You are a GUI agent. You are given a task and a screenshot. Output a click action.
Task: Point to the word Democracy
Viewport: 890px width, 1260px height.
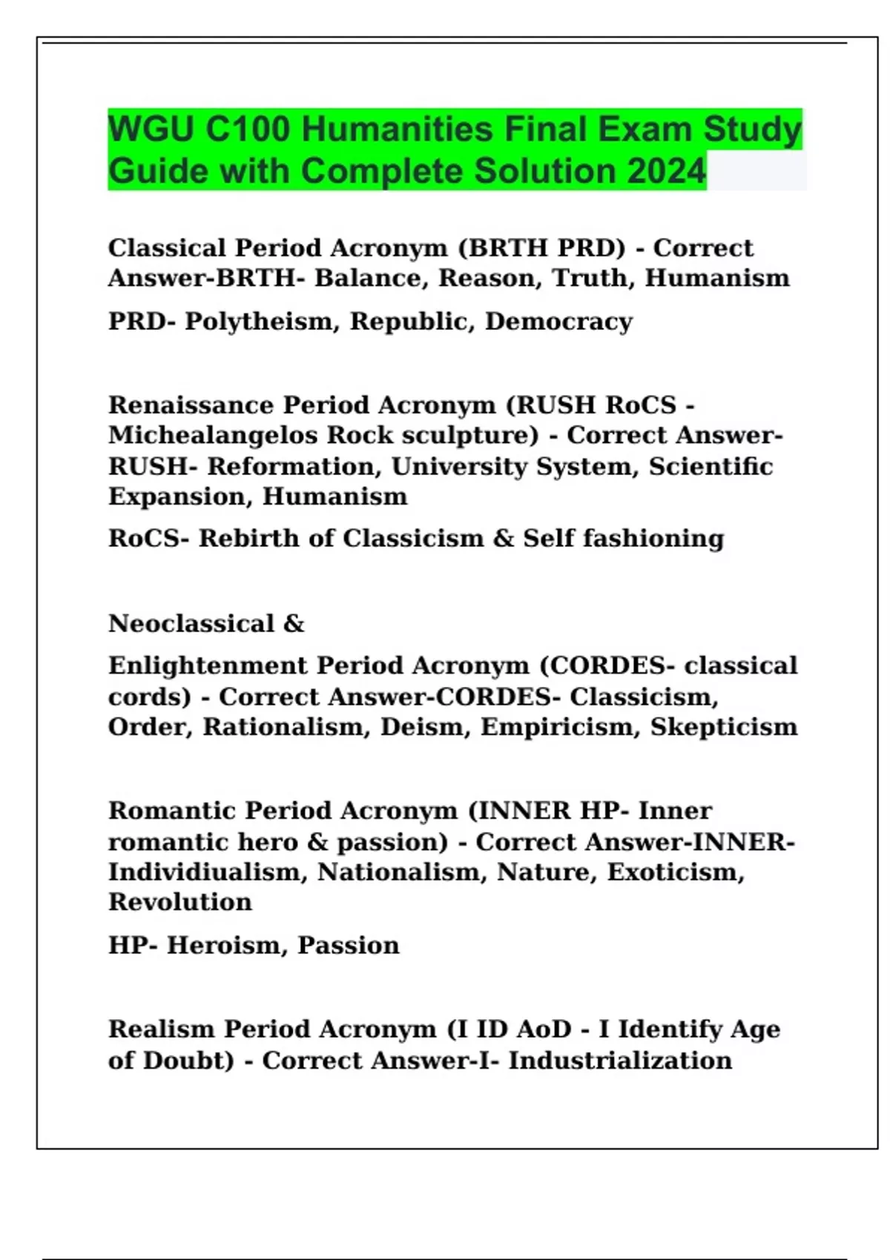point(558,322)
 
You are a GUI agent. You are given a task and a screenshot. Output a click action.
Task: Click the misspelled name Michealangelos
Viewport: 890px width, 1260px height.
point(214,435)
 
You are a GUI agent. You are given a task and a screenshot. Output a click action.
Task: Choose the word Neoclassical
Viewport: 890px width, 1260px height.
point(191,624)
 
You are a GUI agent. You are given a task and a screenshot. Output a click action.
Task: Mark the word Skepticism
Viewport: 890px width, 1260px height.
point(724,727)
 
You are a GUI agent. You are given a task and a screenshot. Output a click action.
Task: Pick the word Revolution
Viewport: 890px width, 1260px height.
point(180,902)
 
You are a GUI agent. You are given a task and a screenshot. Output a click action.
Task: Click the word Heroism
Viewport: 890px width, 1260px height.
point(225,946)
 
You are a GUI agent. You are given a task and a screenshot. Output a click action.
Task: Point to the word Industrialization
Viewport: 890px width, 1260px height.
point(620,1061)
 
